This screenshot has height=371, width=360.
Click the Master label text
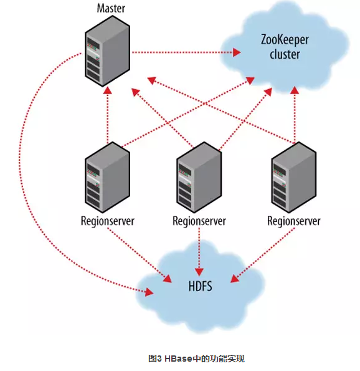(x=111, y=8)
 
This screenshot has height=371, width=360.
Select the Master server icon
(x=107, y=51)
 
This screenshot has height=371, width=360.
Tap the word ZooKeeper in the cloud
(x=285, y=41)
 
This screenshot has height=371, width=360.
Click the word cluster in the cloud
(x=285, y=54)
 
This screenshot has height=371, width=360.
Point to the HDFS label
(x=200, y=286)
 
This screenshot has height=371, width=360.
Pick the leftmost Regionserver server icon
(x=107, y=177)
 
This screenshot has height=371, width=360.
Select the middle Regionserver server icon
(x=199, y=177)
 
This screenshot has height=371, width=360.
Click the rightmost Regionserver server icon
(x=294, y=177)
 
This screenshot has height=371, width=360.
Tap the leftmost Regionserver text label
(x=108, y=221)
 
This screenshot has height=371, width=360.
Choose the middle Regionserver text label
(x=199, y=221)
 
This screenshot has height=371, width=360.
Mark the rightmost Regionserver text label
(x=294, y=221)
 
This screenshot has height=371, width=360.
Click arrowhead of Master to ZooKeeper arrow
(x=237, y=52)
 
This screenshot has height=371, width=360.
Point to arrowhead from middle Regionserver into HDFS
(x=199, y=272)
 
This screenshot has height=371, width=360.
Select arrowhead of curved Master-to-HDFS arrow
(x=149, y=292)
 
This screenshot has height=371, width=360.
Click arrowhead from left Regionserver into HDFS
(x=168, y=279)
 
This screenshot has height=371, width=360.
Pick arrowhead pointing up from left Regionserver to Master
(x=108, y=90)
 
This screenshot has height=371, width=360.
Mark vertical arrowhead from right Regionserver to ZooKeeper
(x=295, y=90)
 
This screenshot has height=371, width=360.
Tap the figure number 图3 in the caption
(x=155, y=359)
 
